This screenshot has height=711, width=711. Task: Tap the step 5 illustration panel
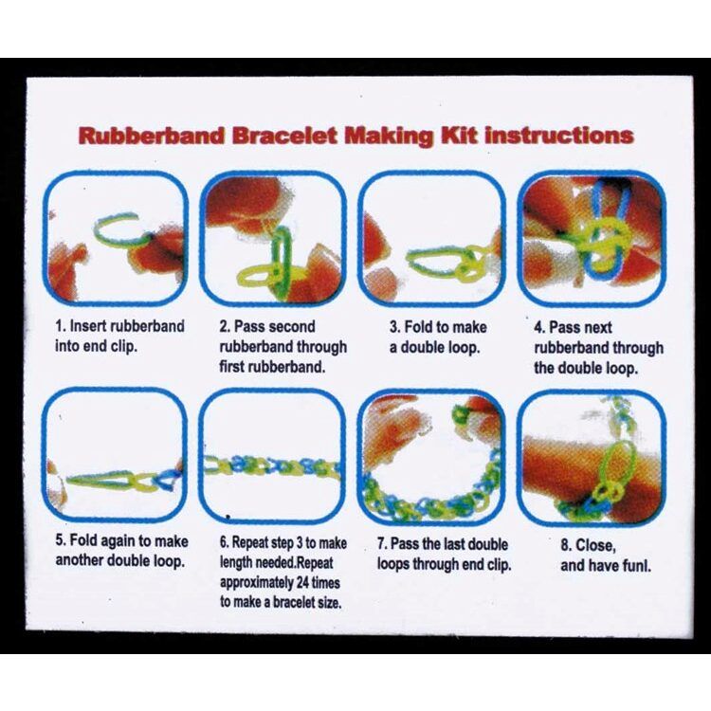click(x=117, y=455)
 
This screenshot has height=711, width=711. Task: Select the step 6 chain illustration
click(x=272, y=455)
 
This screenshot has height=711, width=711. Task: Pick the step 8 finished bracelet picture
click(x=591, y=455)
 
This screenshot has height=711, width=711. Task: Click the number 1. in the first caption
click(x=62, y=327)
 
